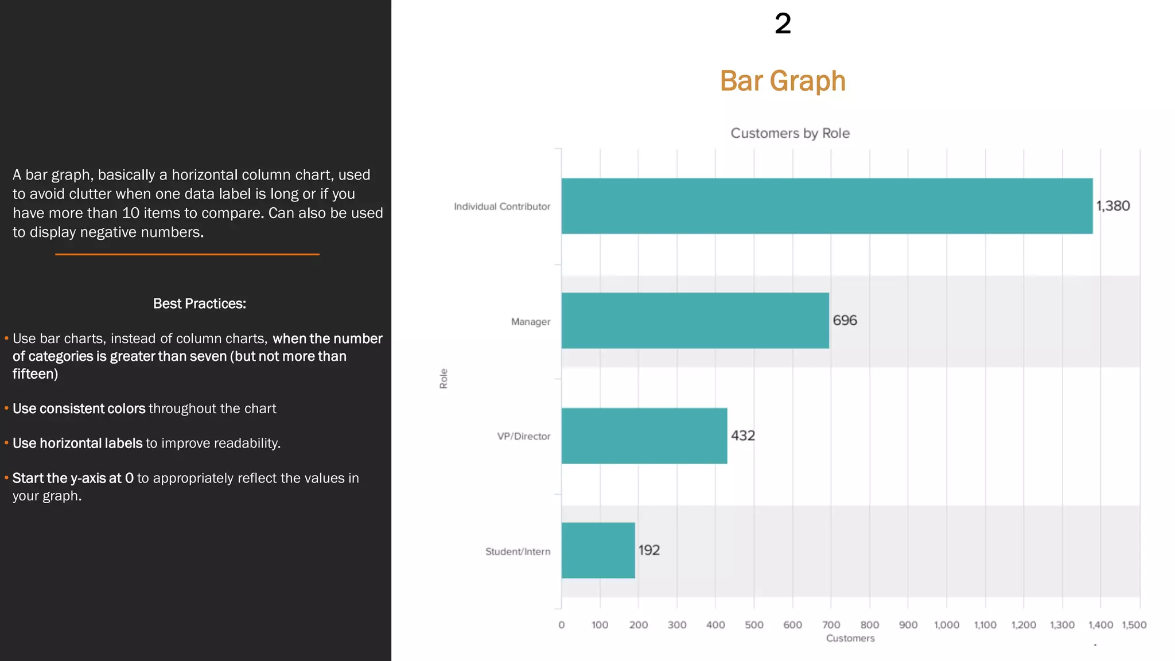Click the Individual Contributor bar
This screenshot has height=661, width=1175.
pyautogui.click(x=826, y=206)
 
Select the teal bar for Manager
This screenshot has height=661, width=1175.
pyautogui.click(x=695, y=321)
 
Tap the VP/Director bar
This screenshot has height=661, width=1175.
pyautogui.click(x=644, y=436)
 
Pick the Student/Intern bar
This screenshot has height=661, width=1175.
pyautogui.click(x=598, y=550)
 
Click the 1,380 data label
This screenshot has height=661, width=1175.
pyautogui.click(x=1112, y=206)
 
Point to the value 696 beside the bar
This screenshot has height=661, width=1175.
pyautogui.click(x=845, y=321)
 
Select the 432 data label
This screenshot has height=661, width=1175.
pyautogui.click(x=742, y=436)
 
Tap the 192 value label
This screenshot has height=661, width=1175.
pyautogui.click(x=649, y=550)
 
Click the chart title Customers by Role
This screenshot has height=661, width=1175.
pyautogui.click(x=789, y=133)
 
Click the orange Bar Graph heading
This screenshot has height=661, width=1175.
pyautogui.click(x=783, y=81)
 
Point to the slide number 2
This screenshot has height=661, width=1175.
pyautogui.click(x=783, y=24)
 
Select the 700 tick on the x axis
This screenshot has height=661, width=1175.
pyautogui.click(x=831, y=625)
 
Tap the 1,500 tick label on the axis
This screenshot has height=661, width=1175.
pyautogui.click(x=1134, y=625)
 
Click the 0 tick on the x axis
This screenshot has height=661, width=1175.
pyautogui.click(x=561, y=625)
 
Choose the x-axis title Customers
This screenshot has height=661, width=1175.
pyautogui.click(x=850, y=638)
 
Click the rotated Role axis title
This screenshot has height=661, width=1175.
pyautogui.click(x=443, y=379)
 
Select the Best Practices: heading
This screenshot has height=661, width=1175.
pyautogui.click(x=199, y=304)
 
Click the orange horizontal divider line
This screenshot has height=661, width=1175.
pyautogui.click(x=187, y=254)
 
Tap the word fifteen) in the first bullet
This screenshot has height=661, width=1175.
pyautogui.click(x=35, y=374)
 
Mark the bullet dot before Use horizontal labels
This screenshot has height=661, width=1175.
pyautogui.click(x=6, y=443)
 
